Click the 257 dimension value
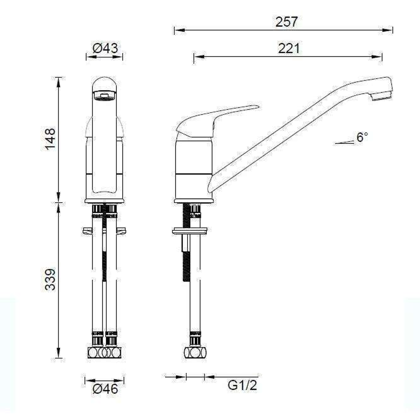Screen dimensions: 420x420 click(287, 22)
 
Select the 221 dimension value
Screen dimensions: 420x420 click(289, 49)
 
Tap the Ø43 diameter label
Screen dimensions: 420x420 click(105, 49)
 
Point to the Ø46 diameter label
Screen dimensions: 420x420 click(105, 388)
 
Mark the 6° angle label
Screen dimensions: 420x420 click(362, 137)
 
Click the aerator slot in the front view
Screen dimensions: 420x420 click(104, 95)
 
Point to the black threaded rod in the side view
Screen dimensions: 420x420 click(186, 253)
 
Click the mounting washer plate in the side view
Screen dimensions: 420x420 click(189, 232)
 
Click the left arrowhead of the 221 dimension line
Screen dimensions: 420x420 click(197, 57)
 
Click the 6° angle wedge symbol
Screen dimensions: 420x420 click(344, 143)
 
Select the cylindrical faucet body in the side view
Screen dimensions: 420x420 click(194, 167)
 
